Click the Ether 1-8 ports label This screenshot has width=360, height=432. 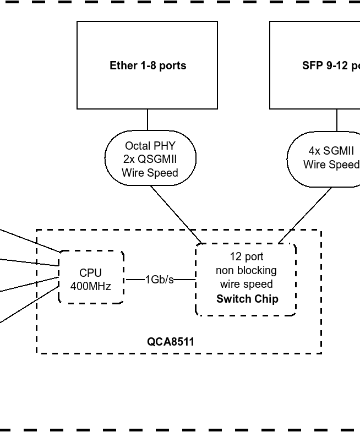click(x=148, y=65)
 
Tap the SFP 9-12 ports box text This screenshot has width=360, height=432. click(x=331, y=65)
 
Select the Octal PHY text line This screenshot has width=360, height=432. click(x=150, y=146)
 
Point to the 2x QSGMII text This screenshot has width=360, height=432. click(x=150, y=159)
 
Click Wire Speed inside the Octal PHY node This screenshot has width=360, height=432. click(x=150, y=173)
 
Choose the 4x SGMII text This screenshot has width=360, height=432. click(x=331, y=151)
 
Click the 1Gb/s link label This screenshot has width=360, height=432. click(x=160, y=280)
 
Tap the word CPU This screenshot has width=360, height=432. click(x=91, y=273)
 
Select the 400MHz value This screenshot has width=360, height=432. click(x=91, y=286)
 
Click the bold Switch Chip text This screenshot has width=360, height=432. click(x=247, y=299)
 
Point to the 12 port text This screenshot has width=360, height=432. click(x=247, y=256)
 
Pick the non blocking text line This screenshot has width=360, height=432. click(x=246, y=270)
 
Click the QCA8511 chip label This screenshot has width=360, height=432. click(x=170, y=342)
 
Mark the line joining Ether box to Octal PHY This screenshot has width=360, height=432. click(x=148, y=119)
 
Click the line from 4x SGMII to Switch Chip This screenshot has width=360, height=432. click(x=306, y=215)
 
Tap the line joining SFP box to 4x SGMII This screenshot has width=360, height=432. click(x=337, y=119)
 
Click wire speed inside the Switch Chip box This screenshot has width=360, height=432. click(x=246, y=284)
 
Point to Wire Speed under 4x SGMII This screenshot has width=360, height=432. click(x=331, y=165)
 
